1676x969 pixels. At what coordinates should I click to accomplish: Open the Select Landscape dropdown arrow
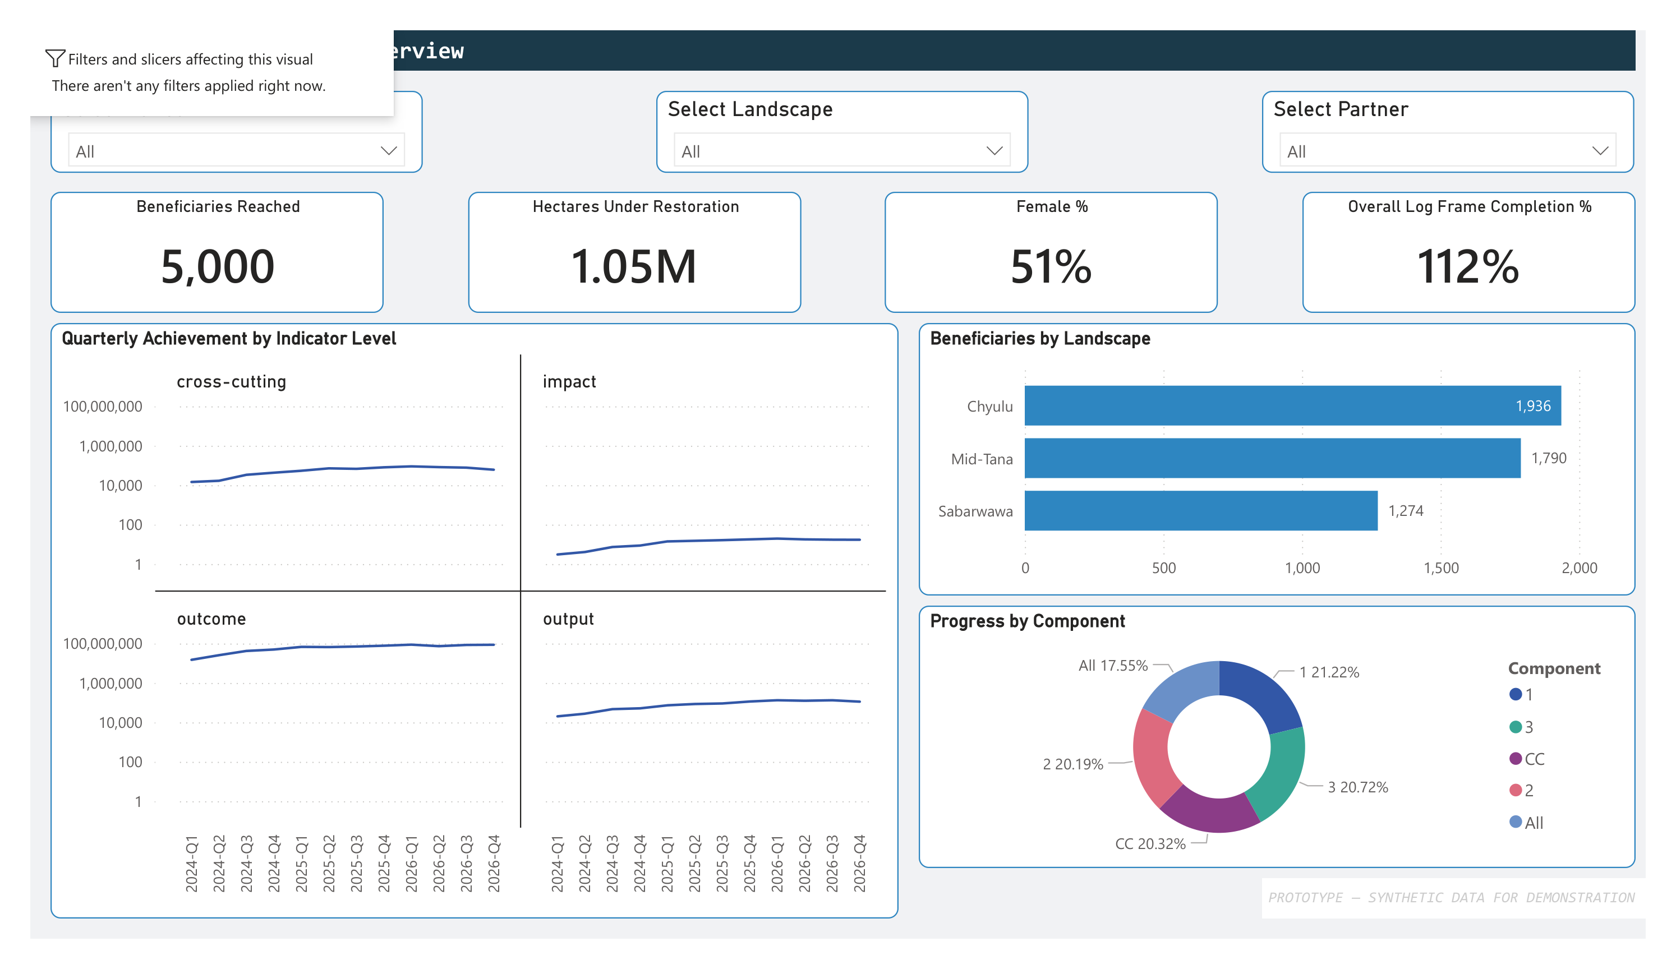coord(993,151)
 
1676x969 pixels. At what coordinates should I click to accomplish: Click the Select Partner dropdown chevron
coord(1600,151)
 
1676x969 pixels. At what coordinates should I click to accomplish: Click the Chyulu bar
coord(1264,405)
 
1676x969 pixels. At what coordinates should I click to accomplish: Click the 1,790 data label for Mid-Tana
coord(1548,458)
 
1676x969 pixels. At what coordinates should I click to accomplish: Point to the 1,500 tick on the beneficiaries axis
coord(1440,568)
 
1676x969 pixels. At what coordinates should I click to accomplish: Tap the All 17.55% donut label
coord(1113,666)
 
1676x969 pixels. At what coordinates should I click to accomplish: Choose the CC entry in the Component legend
coord(1534,759)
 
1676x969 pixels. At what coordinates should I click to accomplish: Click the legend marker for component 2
coord(1515,790)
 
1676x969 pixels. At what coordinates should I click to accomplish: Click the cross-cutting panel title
coord(232,382)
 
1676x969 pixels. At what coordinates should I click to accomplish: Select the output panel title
coord(568,619)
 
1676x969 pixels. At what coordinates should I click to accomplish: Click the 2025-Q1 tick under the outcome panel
coord(301,862)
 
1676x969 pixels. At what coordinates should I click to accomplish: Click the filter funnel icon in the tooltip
coord(55,58)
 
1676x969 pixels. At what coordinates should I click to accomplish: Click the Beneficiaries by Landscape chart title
coord(1039,339)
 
